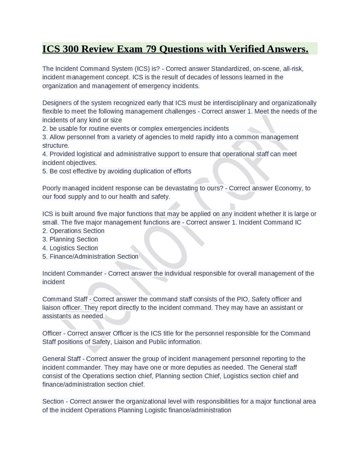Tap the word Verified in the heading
coord(247,49)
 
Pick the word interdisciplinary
coord(235,103)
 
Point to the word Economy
coord(288,188)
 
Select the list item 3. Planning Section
coord(70,239)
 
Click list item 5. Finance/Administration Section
coord(90,257)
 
